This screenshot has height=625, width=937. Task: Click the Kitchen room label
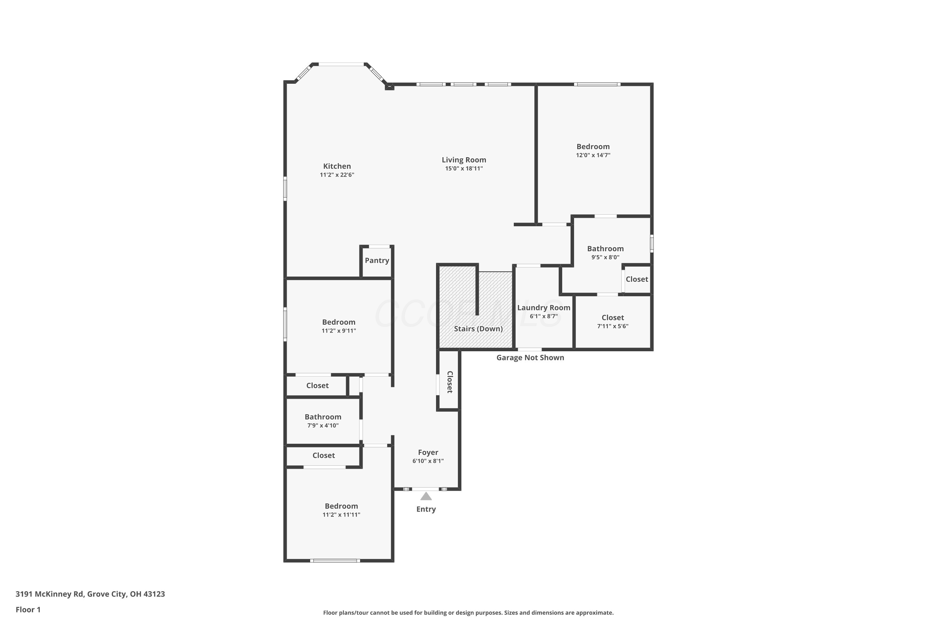[x=337, y=166]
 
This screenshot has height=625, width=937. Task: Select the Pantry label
[x=377, y=260]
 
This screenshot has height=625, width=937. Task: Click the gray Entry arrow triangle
[x=426, y=496]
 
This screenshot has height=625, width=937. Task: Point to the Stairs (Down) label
[x=478, y=329]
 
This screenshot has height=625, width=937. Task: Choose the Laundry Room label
[x=544, y=308]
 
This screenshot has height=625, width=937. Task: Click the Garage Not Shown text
[x=530, y=357]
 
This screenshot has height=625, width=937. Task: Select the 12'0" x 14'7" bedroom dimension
[x=593, y=155]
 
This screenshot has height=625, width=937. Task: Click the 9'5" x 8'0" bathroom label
[x=606, y=257]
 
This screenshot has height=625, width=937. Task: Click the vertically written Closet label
[x=450, y=382]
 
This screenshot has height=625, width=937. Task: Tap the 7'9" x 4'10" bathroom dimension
[x=323, y=426]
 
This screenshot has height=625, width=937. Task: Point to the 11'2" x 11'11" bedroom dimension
[x=341, y=515]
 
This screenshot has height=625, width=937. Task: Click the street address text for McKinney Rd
[x=90, y=594]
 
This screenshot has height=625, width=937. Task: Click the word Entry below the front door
[x=426, y=509]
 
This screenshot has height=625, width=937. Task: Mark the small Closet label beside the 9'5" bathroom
[x=637, y=279]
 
